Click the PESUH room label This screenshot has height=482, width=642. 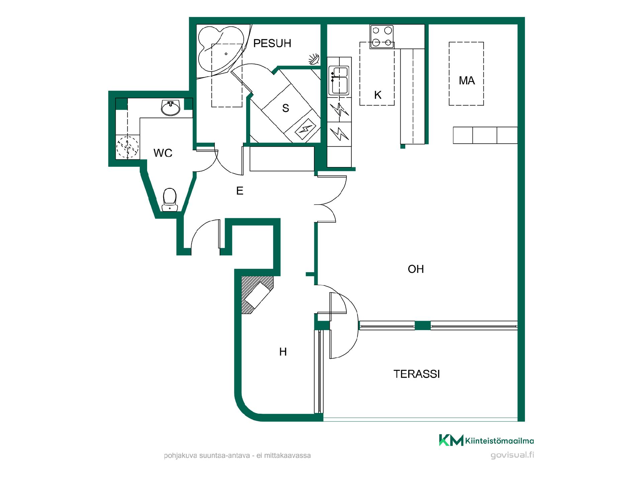272,43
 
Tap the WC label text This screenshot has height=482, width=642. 163,153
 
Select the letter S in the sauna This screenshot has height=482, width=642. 286,108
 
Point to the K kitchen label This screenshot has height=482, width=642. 378,95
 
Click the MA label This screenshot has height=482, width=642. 467,80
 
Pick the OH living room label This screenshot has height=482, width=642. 416,269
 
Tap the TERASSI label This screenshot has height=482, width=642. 417,374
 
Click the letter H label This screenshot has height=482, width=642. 283,352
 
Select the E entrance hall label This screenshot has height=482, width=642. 240,191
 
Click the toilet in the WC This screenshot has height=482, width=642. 170,200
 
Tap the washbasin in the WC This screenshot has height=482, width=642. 171,107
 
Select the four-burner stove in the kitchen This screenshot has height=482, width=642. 382,36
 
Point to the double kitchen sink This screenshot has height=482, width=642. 339,80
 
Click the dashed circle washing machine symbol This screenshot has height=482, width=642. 127,147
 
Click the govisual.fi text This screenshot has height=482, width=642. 512,455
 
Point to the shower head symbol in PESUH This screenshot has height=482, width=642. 314,59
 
